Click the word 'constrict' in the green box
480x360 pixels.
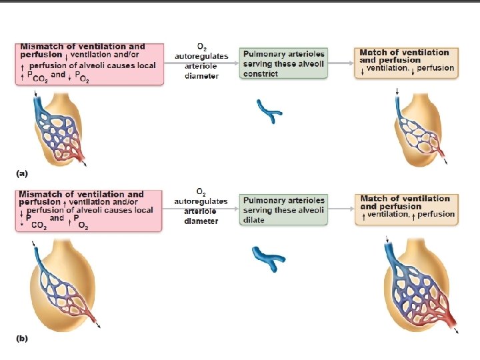[261, 74]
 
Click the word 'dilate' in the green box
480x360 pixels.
[254, 220]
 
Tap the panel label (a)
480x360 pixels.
[22, 173]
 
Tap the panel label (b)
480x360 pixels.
[22, 339]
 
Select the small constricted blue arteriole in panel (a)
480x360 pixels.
[269, 111]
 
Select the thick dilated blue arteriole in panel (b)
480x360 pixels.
[269, 259]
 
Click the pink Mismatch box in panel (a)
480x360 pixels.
[89, 64]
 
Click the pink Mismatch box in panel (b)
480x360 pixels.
[89, 211]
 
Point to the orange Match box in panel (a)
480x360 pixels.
[406, 63]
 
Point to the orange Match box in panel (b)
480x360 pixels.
[407, 209]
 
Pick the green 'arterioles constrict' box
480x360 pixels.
[283, 63]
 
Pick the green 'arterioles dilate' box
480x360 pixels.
[283, 210]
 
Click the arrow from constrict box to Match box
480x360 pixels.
[341, 63]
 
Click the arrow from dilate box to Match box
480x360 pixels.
[341, 209]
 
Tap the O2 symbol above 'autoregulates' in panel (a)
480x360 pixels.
[202, 47]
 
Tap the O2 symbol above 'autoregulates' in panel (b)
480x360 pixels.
[201, 192]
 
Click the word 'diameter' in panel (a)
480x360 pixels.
[201, 76]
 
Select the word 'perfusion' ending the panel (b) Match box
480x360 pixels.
[436, 214]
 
